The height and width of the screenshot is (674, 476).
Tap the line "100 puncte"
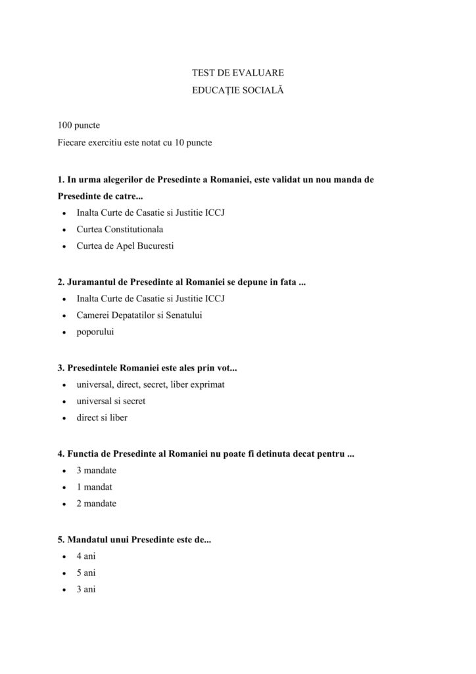pos(78,124)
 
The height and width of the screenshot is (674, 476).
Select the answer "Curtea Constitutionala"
pos(120,230)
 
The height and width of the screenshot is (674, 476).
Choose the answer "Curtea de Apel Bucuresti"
pos(125,247)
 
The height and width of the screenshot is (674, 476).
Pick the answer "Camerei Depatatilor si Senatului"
pos(139,315)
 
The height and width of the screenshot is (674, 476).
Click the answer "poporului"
pos(95,332)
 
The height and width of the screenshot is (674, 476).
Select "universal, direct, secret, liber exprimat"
pos(151,384)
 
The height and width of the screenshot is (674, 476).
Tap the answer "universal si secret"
pos(111,401)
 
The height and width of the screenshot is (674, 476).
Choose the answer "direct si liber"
pos(102,418)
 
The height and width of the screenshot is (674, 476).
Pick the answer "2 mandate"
pos(97,504)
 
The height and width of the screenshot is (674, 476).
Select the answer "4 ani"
pos(86,556)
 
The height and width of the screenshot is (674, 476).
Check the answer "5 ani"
pos(86,573)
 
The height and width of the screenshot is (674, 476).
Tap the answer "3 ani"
pos(86,590)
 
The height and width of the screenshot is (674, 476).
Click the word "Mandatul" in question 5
pos(86,539)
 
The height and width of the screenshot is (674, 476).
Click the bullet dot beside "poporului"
pos(62,333)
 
